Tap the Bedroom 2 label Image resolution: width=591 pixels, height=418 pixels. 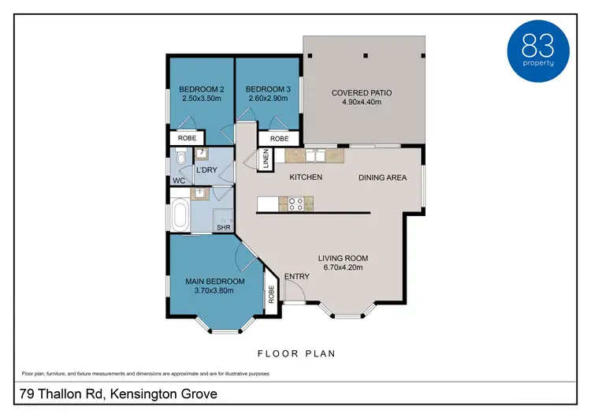click(200, 88)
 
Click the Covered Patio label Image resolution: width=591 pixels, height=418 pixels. click(362, 92)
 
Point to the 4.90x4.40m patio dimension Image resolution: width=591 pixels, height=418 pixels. click(362, 103)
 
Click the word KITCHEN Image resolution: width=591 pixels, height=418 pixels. click(306, 177)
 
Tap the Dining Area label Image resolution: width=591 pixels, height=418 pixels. click(383, 177)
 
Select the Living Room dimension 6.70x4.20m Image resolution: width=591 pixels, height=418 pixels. click(344, 268)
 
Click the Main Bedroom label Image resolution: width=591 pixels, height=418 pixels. click(215, 281)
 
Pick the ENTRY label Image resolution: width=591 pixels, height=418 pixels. click(297, 276)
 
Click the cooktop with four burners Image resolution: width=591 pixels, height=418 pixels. click(296, 203)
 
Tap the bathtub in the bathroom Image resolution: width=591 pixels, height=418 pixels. click(180, 215)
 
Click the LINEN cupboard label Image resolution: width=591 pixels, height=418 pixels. click(266, 160)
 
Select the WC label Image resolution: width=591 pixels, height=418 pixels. click(179, 181)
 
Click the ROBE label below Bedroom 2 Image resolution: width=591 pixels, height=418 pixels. click(187, 138)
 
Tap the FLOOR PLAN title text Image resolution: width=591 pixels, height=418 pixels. click(297, 353)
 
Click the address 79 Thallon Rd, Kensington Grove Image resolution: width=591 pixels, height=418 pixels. click(117, 393)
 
